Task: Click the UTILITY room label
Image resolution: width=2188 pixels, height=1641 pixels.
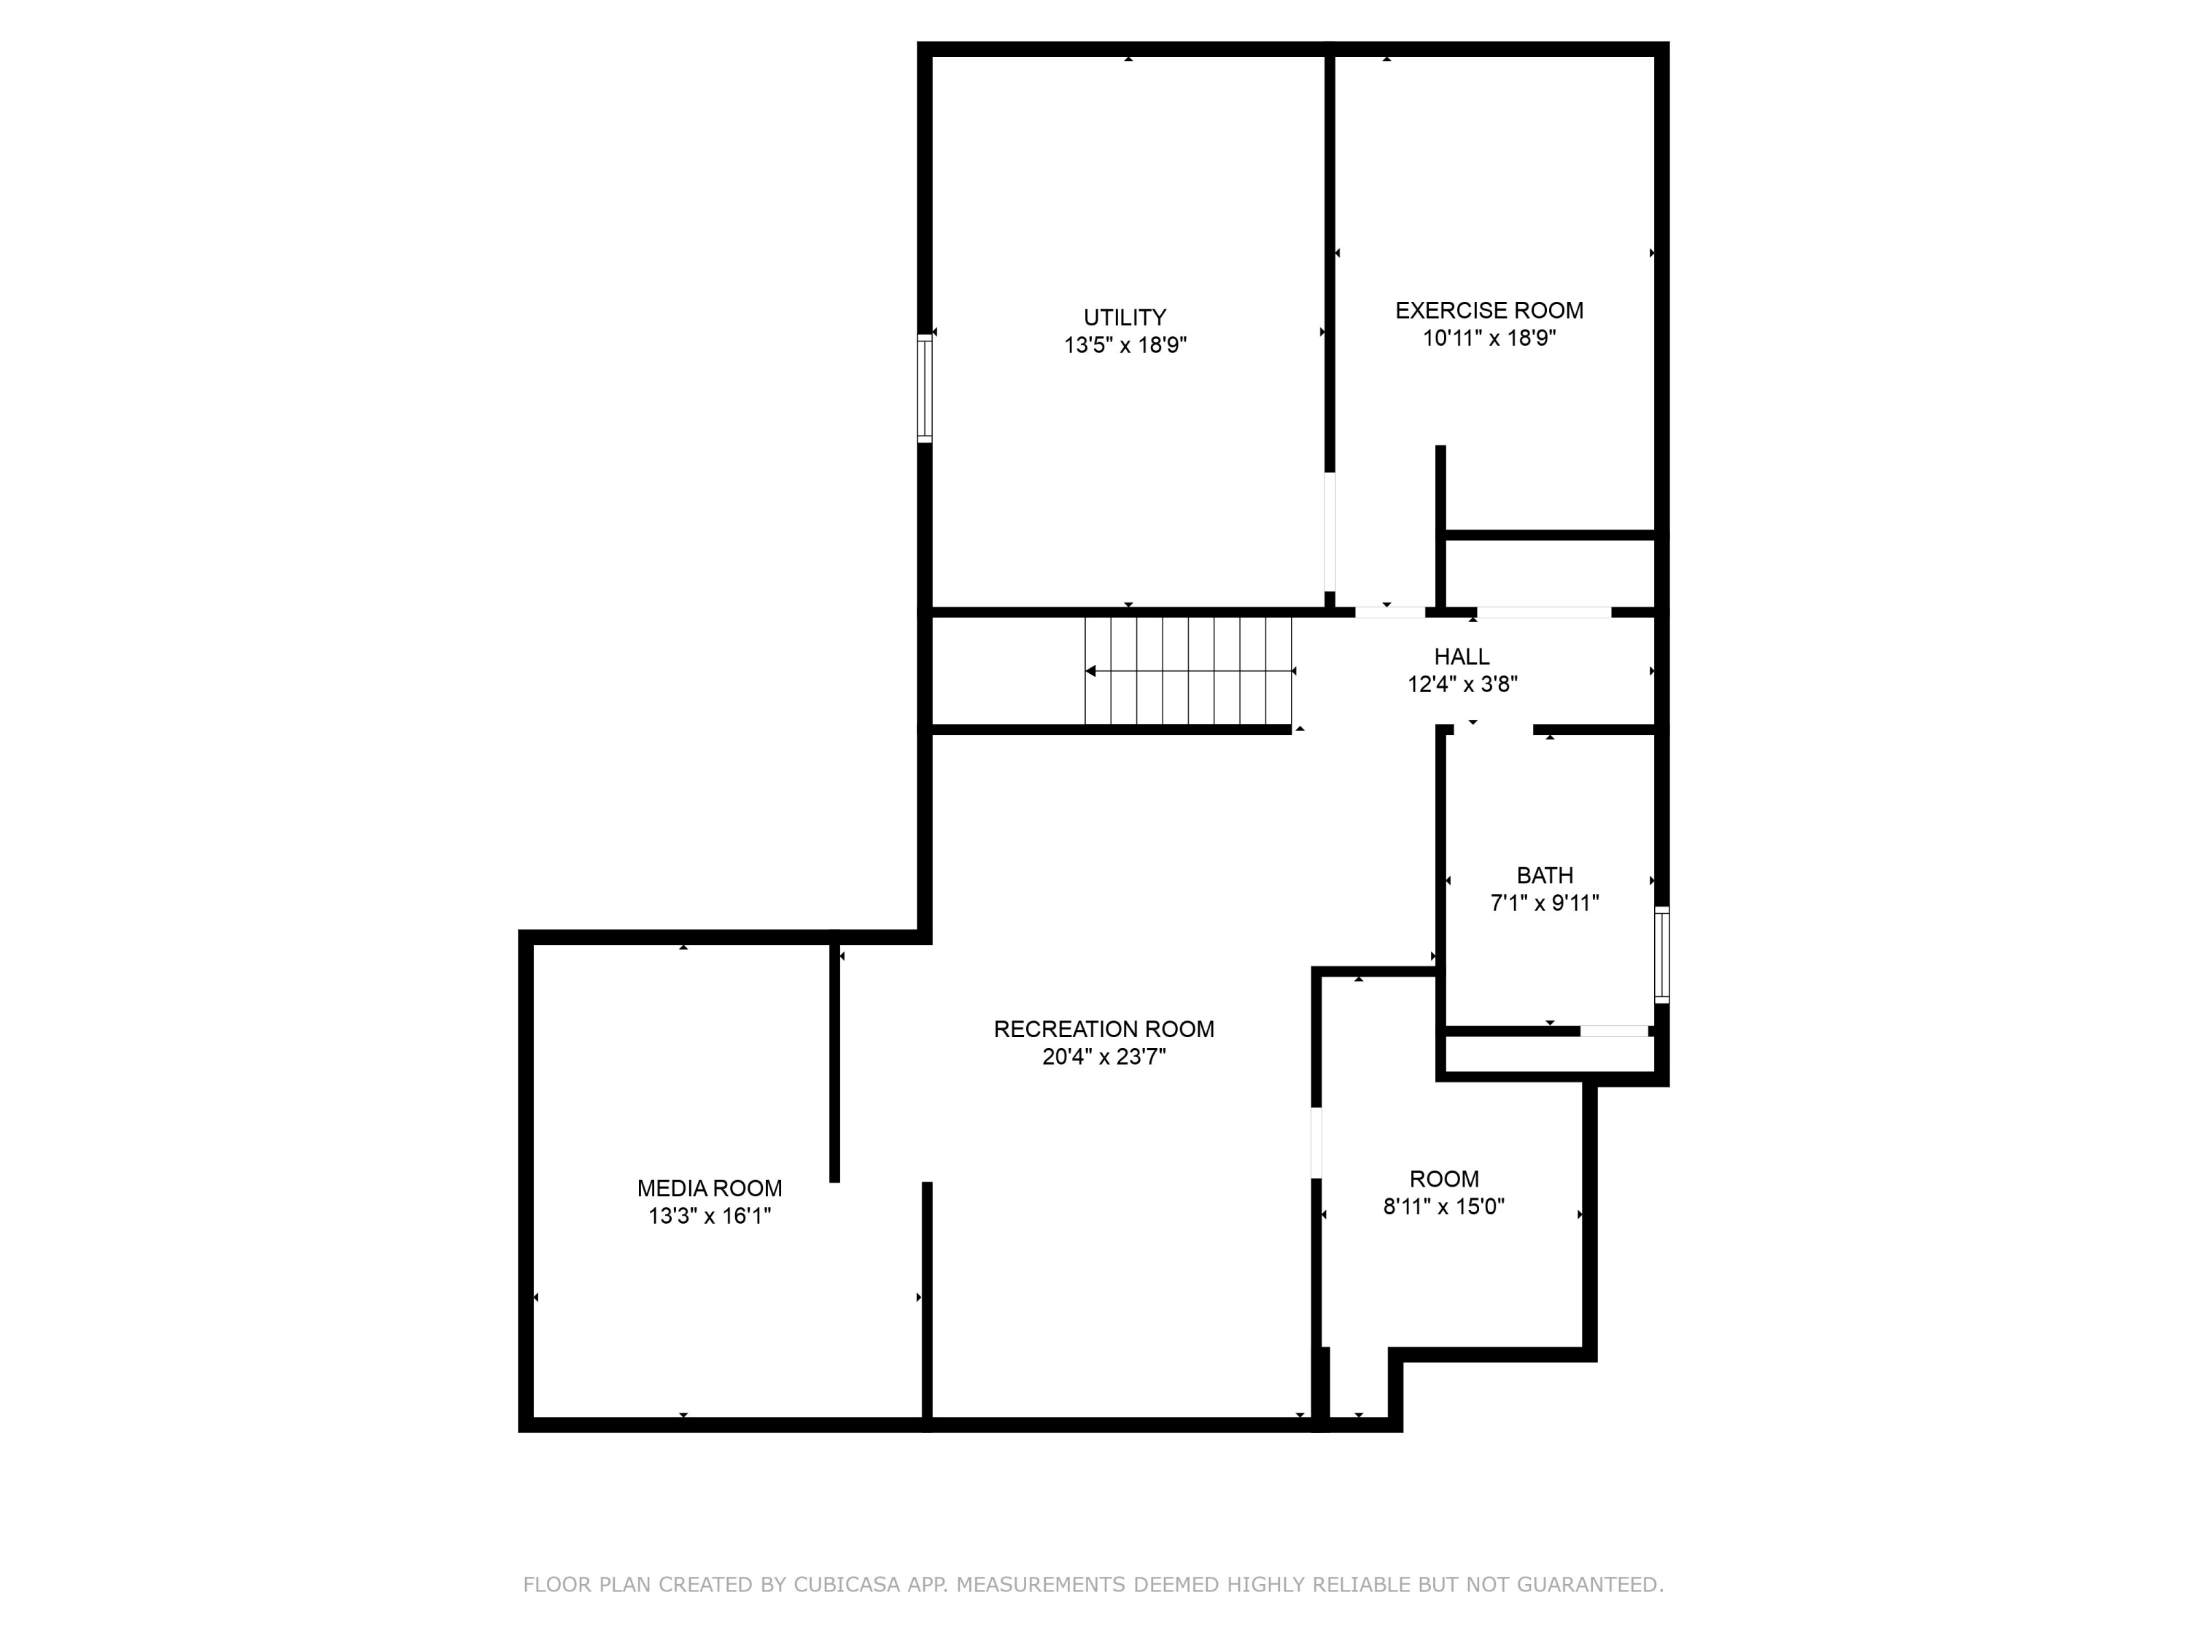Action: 1125,317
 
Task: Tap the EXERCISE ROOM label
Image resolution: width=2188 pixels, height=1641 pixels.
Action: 1489,311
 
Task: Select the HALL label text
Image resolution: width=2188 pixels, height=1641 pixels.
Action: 1462,657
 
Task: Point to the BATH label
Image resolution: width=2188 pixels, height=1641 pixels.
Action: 1544,875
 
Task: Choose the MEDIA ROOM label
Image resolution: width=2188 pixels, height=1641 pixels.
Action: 709,1188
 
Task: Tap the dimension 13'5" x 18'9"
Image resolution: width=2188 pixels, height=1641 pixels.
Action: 1125,345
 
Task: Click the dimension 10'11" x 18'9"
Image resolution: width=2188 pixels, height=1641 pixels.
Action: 1489,338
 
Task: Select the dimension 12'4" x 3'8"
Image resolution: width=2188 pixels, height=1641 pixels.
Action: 1462,685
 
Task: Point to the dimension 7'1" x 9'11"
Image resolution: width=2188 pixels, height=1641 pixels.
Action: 1544,903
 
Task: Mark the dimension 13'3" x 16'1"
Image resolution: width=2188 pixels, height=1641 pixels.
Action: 709,1216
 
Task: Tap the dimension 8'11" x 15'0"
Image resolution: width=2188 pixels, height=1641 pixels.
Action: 1443,1207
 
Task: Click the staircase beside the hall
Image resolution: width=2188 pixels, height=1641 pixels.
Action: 1188,671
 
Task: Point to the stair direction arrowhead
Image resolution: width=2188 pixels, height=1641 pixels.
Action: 1090,672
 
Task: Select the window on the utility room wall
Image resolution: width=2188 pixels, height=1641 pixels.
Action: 925,388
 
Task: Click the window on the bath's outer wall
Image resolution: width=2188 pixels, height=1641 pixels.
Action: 1661,955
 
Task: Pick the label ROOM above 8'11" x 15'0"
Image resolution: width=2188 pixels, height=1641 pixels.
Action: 1444,1179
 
